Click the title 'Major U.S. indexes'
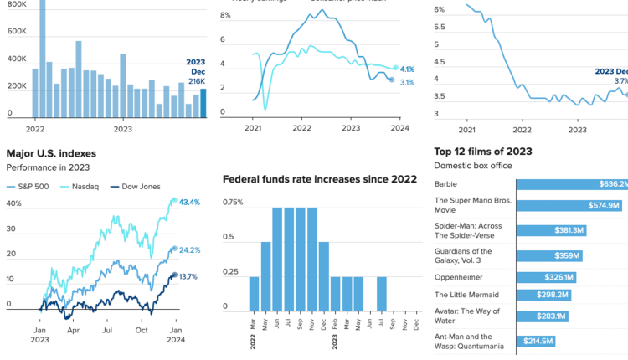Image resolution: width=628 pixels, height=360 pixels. click(51, 153)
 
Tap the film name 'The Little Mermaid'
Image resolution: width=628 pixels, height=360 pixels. click(467, 295)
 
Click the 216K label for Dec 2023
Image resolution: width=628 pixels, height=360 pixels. click(196, 80)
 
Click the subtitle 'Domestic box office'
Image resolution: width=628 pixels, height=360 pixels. click(473, 166)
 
